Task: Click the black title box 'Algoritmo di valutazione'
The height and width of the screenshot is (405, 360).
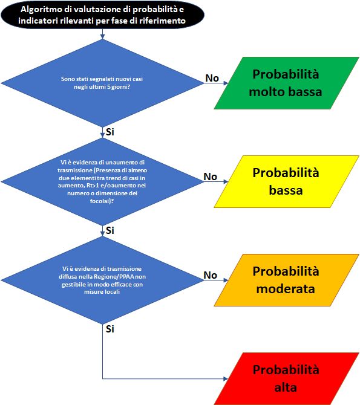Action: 102,15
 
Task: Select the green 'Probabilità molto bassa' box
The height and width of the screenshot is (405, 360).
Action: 286,83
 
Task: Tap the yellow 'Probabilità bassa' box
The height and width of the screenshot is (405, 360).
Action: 286,181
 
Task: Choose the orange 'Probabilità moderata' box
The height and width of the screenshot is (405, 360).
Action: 286,280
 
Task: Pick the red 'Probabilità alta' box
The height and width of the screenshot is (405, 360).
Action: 286,378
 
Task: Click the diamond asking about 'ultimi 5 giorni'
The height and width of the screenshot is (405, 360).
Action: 102,83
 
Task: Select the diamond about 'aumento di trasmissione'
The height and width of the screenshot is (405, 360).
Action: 102,181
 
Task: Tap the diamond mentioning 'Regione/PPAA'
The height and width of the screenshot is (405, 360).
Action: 102,280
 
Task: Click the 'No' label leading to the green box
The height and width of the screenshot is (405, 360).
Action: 212,78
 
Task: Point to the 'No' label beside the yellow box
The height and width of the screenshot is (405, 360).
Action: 211,177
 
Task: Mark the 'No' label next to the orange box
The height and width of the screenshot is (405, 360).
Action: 211,275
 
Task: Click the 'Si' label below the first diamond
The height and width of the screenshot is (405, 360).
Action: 110,132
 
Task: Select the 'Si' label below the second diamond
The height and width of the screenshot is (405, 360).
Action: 110,230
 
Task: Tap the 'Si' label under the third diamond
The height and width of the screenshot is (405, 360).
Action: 110,329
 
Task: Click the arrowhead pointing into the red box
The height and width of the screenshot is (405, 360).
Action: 226,378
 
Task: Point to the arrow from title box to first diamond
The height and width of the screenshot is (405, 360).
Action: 102,34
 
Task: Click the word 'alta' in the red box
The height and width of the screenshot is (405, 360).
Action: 286,387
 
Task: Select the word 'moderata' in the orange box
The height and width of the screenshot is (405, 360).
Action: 286,289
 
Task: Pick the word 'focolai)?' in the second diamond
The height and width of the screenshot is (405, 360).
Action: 102,201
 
